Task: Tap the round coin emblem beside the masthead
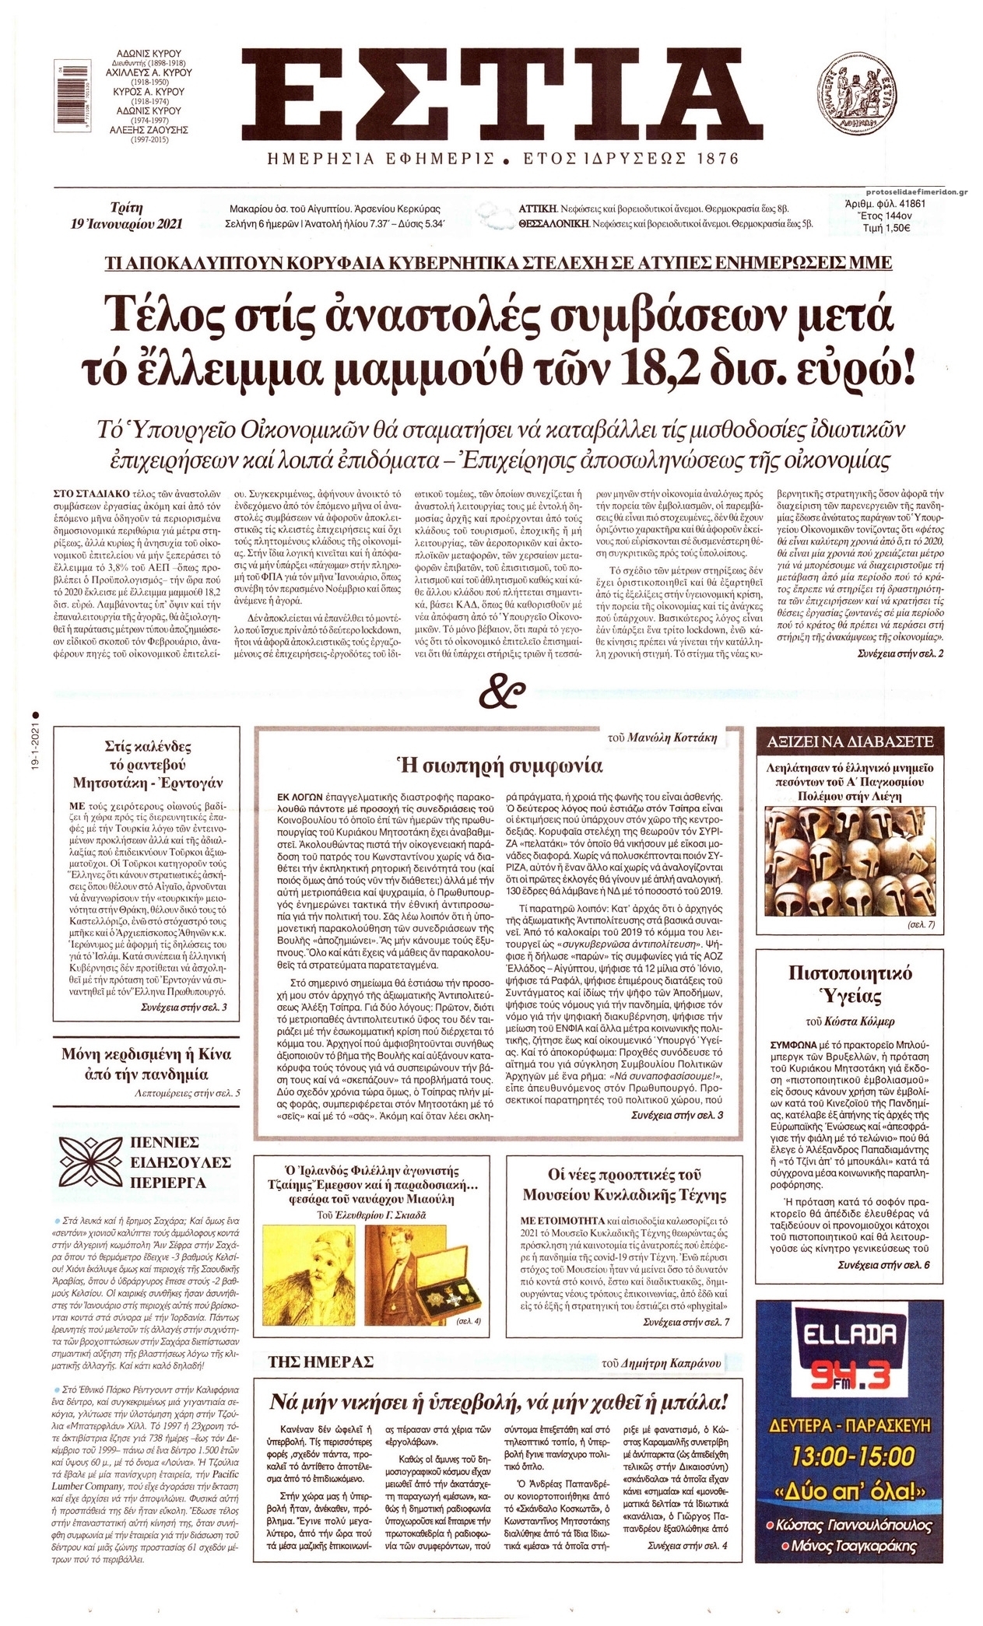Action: click(854, 98)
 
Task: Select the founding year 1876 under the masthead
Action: click(711, 159)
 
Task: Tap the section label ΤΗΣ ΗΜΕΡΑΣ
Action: click(321, 1361)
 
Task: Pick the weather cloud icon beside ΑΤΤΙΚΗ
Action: click(493, 214)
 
